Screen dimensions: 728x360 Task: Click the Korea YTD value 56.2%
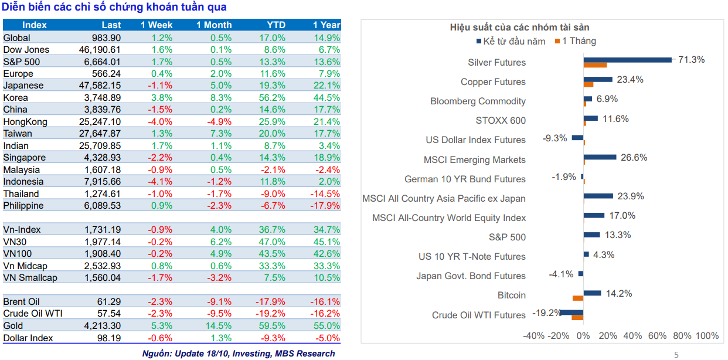pyautogui.click(x=272, y=97)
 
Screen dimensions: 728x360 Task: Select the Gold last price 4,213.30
pyautogui.click(x=103, y=325)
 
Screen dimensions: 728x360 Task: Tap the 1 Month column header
pyautogui.click(x=214, y=25)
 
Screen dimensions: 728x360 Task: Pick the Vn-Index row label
pyautogui.click(x=22, y=230)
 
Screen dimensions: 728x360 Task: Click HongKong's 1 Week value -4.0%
pyautogui.click(x=160, y=121)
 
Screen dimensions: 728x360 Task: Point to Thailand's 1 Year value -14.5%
pyautogui.click(x=325, y=194)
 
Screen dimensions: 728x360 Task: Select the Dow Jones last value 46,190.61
pyautogui.click(x=100, y=49)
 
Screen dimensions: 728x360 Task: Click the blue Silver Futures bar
pyautogui.click(x=628, y=60)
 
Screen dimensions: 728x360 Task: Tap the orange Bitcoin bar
pyautogui.click(x=578, y=298)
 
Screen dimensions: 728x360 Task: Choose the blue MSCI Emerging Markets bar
pyautogui.click(x=600, y=157)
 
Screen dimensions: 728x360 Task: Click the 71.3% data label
pyautogui.click(x=691, y=60)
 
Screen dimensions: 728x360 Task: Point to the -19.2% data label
pyautogui.click(x=547, y=313)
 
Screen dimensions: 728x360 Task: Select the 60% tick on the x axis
pyautogui.click(x=657, y=335)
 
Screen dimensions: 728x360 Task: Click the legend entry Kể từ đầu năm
pyautogui.click(x=511, y=41)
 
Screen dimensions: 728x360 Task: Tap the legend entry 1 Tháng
pyautogui.click(x=576, y=41)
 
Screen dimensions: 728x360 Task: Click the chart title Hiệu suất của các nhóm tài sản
pyautogui.click(x=520, y=28)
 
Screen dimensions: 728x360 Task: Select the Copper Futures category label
pyautogui.click(x=493, y=82)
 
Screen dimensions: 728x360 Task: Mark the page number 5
pyautogui.click(x=676, y=355)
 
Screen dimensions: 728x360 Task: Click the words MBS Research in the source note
pyautogui.click(x=305, y=354)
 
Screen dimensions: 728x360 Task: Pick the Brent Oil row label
pyautogui.click(x=22, y=302)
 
